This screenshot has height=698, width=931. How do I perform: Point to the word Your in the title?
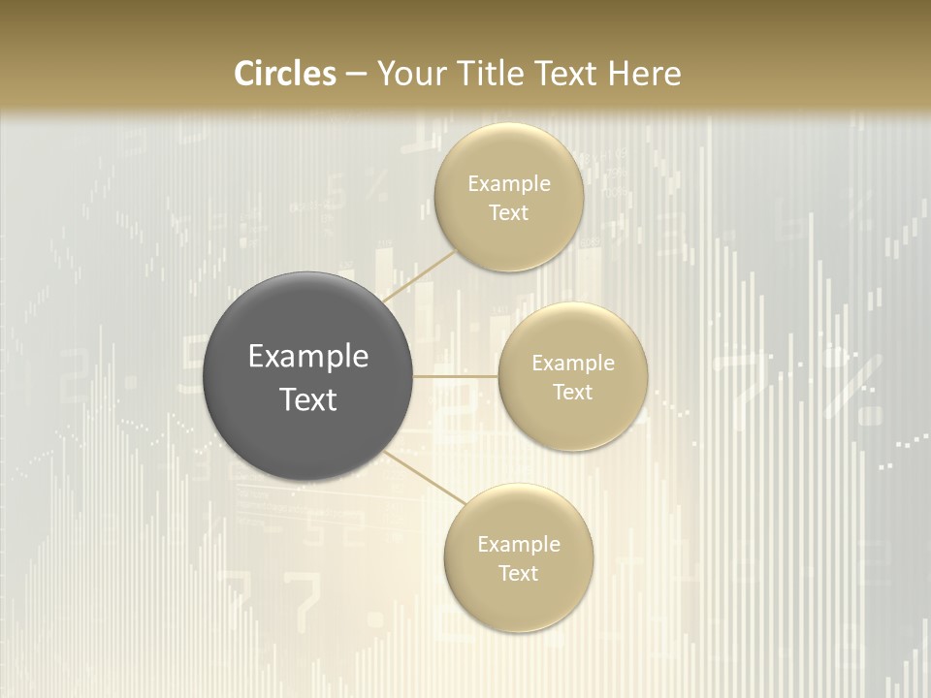(405, 74)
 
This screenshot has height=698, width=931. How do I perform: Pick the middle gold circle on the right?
(572, 428)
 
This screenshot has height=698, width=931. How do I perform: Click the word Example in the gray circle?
(307, 357)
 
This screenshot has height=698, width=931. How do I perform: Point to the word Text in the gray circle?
(307, 399)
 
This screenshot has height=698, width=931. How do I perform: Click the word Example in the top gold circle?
(508, 184)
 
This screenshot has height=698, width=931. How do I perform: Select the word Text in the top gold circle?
(508, 213)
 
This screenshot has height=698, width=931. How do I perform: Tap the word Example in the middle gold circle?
(572, 364)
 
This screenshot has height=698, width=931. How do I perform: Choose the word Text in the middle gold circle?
(572, 393)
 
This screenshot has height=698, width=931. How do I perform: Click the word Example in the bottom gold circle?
(518, 545)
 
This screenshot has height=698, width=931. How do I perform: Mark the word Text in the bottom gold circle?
(518, 574)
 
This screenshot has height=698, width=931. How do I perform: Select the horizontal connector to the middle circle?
(456, 376)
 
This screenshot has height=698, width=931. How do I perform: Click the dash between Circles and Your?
(356, 75)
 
